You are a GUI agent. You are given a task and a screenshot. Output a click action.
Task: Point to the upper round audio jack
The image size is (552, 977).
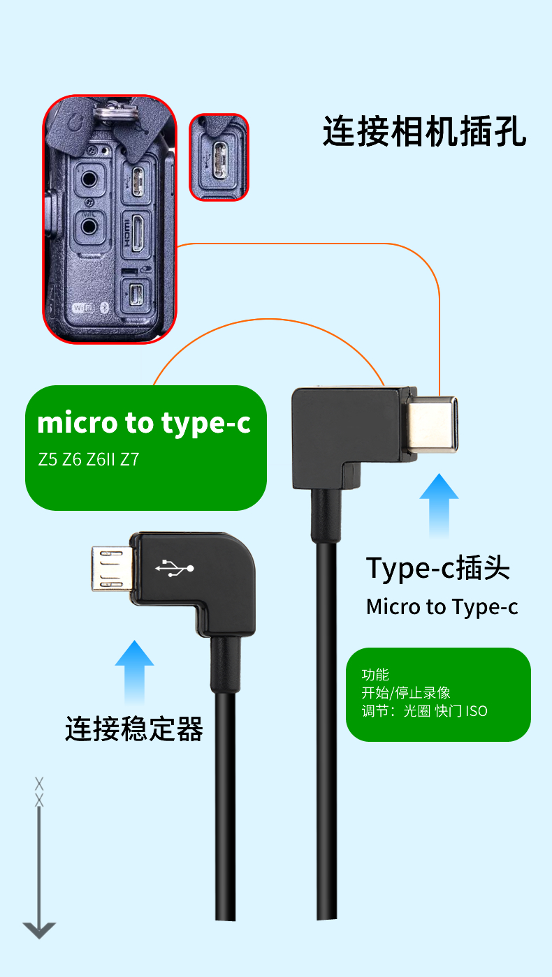pyautogui.click(x=89, y=178)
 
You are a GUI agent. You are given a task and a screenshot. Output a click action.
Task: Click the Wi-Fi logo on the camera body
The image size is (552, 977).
pyautogui.click(x=82, y=307)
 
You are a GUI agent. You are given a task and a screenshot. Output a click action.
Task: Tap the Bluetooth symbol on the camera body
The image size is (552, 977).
pyautogui.click(x=104, y=307)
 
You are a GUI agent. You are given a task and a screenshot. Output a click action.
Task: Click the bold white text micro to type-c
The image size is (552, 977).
pyautogui.click(x=144, y=424)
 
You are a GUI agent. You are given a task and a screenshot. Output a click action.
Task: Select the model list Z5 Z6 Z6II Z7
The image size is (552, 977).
pyautogui.click(x=89, y=461)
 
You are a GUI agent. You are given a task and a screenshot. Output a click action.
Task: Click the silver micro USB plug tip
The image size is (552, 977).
pyautogui.click(x=110, y=567)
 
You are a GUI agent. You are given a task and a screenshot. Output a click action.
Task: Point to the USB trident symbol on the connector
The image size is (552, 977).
pyautogui.click(x=175, y=568)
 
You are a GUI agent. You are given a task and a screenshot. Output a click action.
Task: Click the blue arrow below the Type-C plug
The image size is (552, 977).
pyautogui.click(x=439, y=505)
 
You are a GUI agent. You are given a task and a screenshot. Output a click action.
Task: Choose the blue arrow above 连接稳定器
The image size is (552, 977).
pyautogui.click(x=134, y=672)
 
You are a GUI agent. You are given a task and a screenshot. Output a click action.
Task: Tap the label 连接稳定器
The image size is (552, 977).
pyautogui.click(x=134, y=729)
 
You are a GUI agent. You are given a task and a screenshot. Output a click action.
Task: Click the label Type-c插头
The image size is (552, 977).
pyautogui.click(x=438, y=569)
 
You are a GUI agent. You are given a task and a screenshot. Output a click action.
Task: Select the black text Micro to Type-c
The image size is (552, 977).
pyautogui.click(x=442, y=606)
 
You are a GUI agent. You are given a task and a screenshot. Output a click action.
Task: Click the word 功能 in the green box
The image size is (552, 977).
pyautogui.click(x=375, y=675)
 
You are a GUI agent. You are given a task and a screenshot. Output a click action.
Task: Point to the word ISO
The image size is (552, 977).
pyautogui.click(x=477, y=711)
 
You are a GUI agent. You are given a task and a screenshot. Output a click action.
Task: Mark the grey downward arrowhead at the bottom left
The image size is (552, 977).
pyautogui.click(x=39, y=930)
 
